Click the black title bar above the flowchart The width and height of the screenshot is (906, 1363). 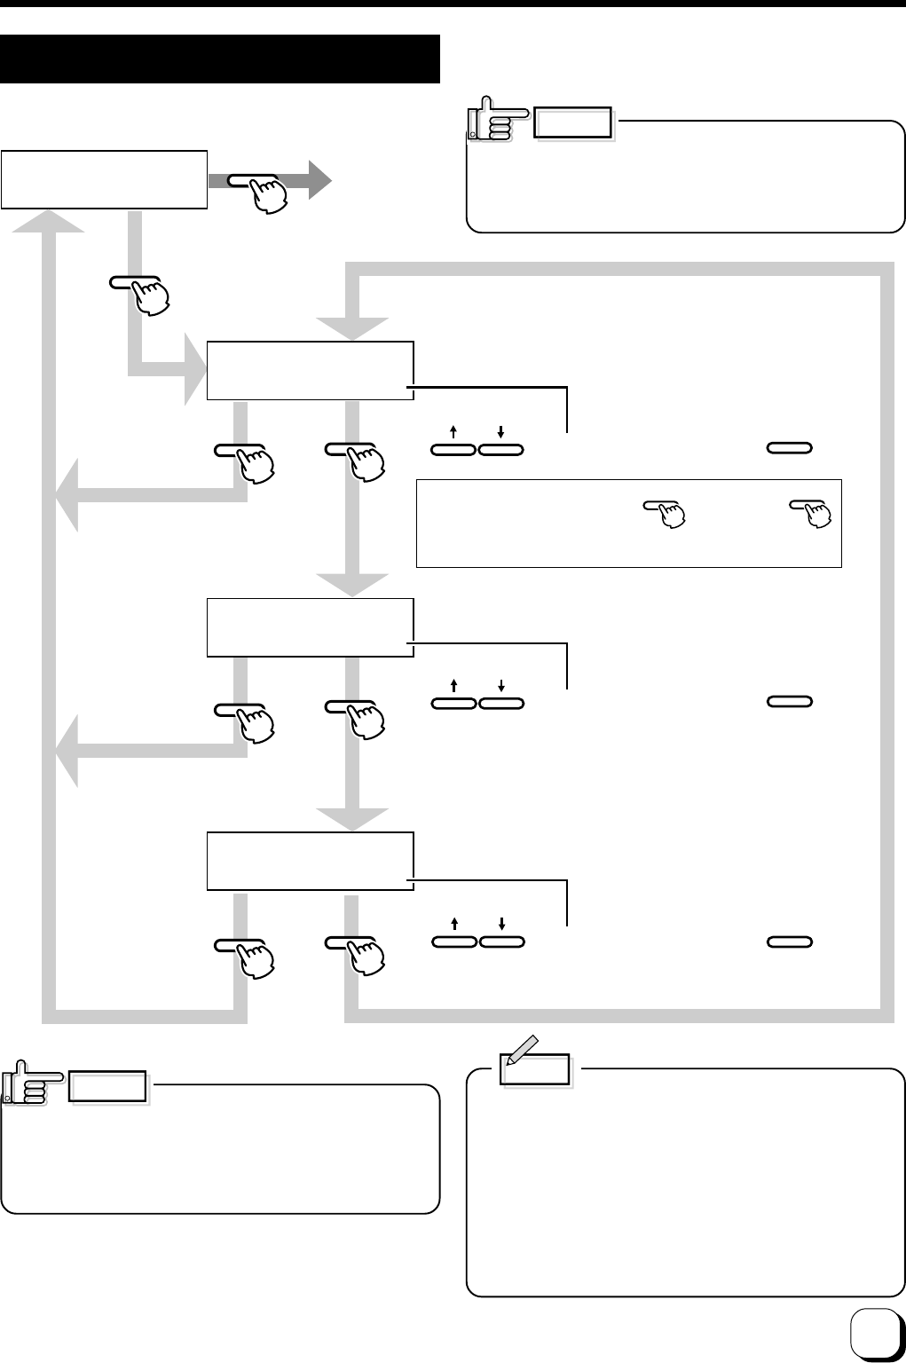(220, 59)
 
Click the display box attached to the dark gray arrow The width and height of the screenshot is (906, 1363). (104, 180)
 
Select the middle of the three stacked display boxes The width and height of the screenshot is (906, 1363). (310, 627)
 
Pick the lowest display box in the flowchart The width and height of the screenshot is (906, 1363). (310, 861)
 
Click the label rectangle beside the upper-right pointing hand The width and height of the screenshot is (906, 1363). (573, 123)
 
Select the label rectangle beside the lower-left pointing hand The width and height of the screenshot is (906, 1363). (108, 1087)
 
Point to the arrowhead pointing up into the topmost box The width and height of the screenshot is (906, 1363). (49, 222)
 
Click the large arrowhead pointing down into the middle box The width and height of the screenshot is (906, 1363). (352, 586)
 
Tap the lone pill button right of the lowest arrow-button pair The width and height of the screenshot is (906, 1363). (790, 941)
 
